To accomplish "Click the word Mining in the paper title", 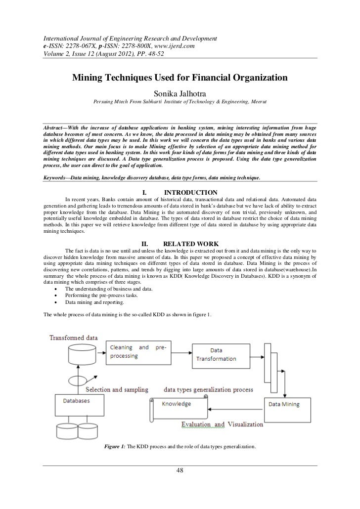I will click(x=90, y=78).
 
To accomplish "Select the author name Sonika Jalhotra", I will click(x=180, y=92).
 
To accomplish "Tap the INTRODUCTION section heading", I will click(x=190, y=192).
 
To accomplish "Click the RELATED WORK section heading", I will click(x=188, y=243).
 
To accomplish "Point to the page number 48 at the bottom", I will click(x=180, y=470).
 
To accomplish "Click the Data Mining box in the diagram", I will click(x=283, y=404).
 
